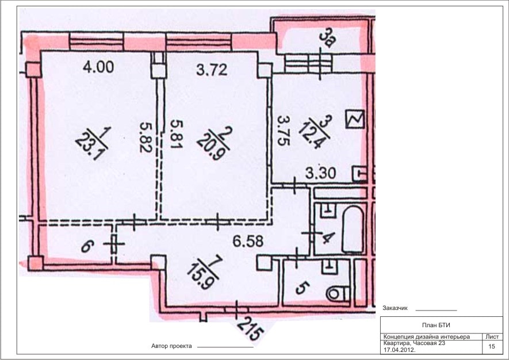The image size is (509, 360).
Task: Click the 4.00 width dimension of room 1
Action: pyautogui.click(x=98, y=67)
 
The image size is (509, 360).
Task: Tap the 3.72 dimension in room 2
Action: pyautogui.click(x=212, y=70)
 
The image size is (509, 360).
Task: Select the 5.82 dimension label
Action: pyautogui.click(x=146, y=137)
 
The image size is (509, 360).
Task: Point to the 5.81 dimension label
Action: pyautogui.click(x=177, y=134)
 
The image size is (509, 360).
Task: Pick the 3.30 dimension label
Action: pyautogui.click(x=320, y=173)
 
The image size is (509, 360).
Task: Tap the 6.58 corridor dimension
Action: pyautogui.click(x=248, y=241)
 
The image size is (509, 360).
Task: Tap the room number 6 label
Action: pyautogui.click(x=87, y=246)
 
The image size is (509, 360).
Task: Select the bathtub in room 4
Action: pyautogui.click(x=353, y=229)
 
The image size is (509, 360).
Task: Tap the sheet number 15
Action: pyautogui.click(x=492, y=346)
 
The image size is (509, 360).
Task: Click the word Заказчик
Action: pyautogui.click(x=395, y=308)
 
